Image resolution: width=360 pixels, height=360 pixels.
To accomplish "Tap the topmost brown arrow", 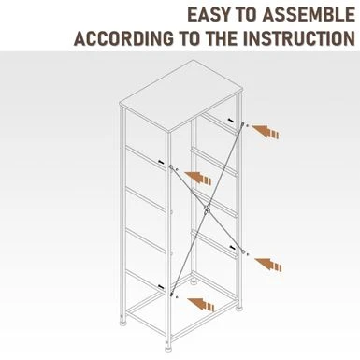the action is (265, 132).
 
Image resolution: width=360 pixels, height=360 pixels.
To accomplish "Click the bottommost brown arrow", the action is (200, 304).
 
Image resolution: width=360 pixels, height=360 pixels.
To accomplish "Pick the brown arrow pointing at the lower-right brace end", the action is (268, 265).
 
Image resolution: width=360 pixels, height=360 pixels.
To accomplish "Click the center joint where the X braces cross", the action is (206, 209).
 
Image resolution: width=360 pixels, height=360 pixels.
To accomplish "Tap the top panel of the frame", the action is (181, 94).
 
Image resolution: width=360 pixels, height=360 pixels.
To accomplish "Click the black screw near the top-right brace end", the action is (230, 120).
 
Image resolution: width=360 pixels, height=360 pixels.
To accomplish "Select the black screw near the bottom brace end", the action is (161, 287).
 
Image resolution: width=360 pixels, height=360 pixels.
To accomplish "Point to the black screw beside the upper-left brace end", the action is (161, 162).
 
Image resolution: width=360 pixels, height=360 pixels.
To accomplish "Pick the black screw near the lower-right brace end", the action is (233, 248).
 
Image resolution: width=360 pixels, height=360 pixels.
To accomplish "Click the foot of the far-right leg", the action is (239, 307).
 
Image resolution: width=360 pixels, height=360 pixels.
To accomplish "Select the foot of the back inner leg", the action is (194, 281).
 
